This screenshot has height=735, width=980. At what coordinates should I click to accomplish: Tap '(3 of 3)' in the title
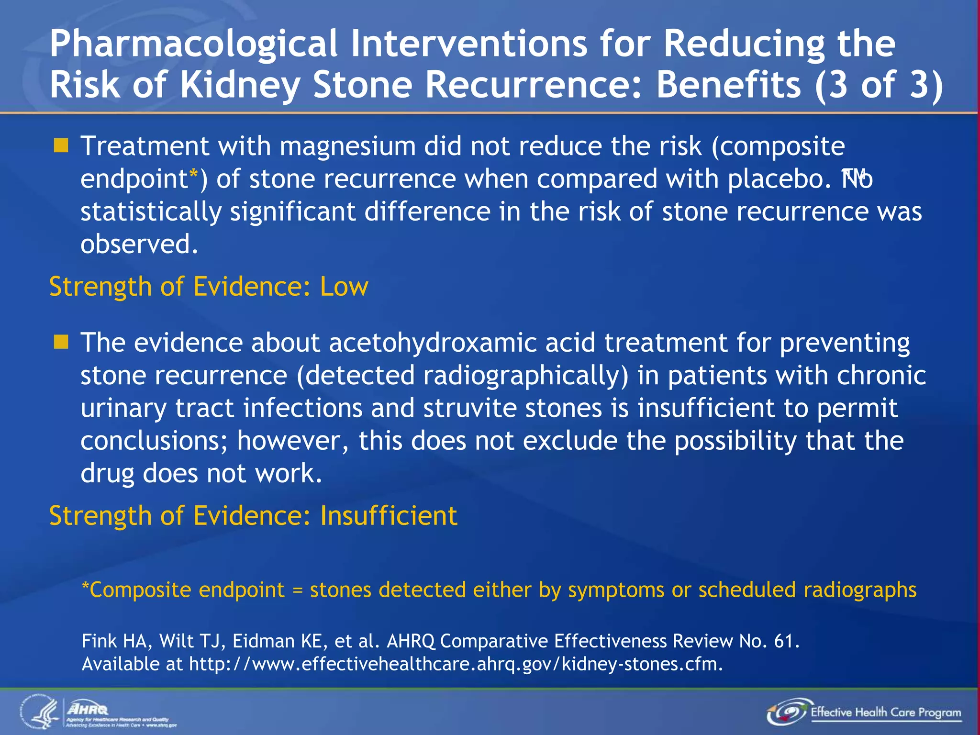[x=880, y=85]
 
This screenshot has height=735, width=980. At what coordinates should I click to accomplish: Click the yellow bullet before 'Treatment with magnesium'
[x=61, y=145]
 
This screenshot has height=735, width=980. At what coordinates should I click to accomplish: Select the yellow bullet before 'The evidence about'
[x=61, y=342]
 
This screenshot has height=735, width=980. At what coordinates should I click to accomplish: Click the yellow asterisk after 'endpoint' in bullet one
[x=193, y=175]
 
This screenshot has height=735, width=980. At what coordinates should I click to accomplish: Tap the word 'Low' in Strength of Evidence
[x=344, y=287]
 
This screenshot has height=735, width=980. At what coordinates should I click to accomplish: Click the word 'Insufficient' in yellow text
[x=389, y=516]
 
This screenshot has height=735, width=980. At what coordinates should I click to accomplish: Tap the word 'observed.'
[x=139, y=245]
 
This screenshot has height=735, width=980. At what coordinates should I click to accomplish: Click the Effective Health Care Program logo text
[x=885, y=712]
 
